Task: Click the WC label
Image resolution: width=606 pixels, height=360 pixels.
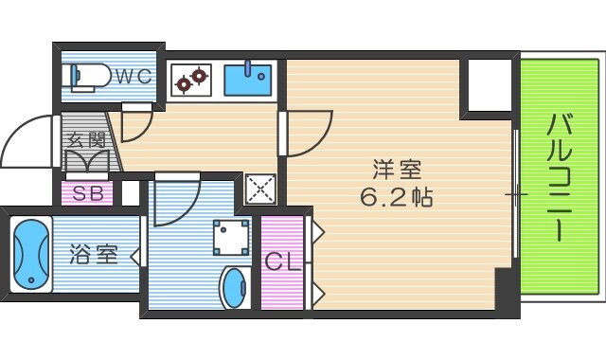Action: [134, 76]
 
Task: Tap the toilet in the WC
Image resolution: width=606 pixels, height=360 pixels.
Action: [86, 77]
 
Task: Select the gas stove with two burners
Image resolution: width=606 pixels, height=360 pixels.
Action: [191, 80]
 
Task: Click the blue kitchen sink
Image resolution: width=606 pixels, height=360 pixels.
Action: [248, 80]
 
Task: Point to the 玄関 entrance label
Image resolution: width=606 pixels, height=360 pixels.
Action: [87, 140]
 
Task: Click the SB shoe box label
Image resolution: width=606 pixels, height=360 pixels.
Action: [88, 193]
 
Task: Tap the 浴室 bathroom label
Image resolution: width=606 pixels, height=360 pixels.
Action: [93, 254]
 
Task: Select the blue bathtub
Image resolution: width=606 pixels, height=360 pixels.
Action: [31, 254]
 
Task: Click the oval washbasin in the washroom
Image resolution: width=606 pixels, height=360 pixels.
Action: [234, 288]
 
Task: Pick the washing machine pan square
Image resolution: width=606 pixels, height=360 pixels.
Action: [231, 238]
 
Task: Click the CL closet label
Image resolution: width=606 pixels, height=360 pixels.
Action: [282, 261]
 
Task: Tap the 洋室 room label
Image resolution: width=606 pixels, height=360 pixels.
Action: [397, 170]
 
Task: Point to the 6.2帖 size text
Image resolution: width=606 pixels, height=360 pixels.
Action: [396, 197]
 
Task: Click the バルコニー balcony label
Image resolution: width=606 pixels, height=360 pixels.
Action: [560, 177]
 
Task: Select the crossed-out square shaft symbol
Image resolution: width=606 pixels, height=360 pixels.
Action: [261, 189]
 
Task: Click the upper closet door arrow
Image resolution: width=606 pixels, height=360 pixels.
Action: [318, 232]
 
